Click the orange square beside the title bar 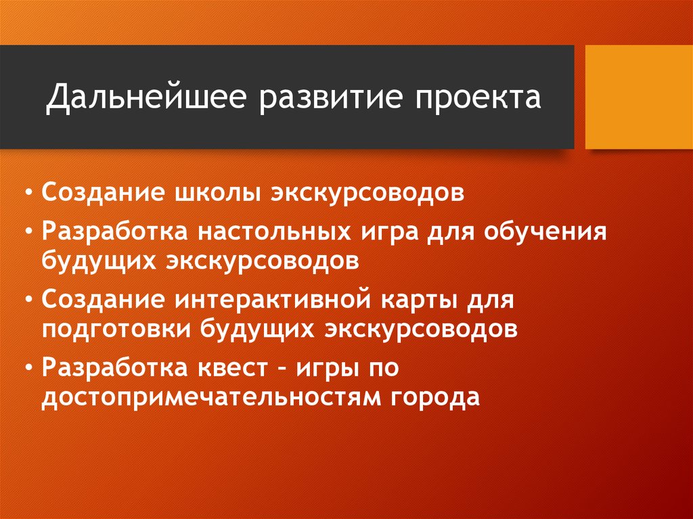pos(638,97)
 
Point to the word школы pos(222,192)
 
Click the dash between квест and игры pos(285,368)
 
